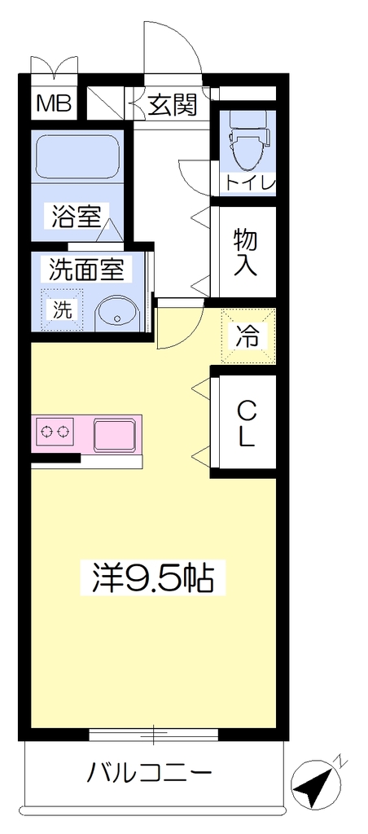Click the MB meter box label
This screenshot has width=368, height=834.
click(x=54, y=103)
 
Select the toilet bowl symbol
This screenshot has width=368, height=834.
click(x=248, y=137)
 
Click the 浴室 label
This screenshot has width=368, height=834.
click(x=76, y=216)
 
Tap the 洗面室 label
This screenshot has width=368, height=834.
click(x=86, y=270)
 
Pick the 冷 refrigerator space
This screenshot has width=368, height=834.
click(x=248, y=336)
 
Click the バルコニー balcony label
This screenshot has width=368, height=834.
click(x=150, y=773)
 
